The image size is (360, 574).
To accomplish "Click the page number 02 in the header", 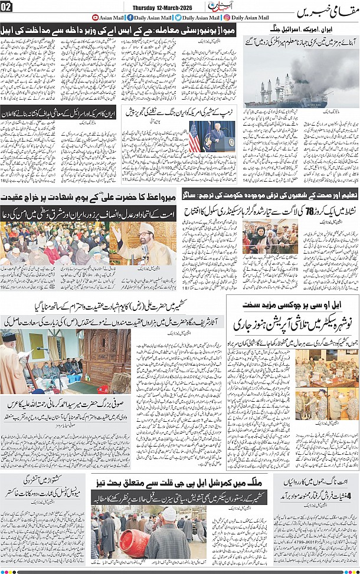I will [x=7, y=6].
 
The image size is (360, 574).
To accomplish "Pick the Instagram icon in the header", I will [x=227, y=18].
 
